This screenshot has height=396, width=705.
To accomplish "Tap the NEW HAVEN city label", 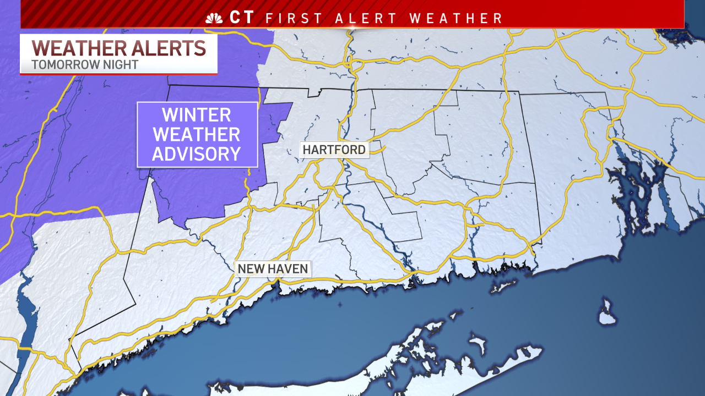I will point(273,269).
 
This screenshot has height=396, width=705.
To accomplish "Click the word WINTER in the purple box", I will point(197,116).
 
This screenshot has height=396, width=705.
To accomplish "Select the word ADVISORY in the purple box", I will point(197,153).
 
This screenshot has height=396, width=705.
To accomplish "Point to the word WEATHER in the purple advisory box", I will point(197,135).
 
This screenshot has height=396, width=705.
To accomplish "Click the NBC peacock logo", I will point(214,18).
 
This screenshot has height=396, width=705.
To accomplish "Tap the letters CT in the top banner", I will point(242,18).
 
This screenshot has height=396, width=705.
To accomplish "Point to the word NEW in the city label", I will point(249,269).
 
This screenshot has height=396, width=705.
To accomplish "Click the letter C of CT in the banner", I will point(235,18).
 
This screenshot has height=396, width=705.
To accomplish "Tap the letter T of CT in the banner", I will point(249,18).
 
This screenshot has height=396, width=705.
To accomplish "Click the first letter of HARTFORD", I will point(306,150).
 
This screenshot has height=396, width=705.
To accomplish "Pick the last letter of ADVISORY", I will point(236,153).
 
